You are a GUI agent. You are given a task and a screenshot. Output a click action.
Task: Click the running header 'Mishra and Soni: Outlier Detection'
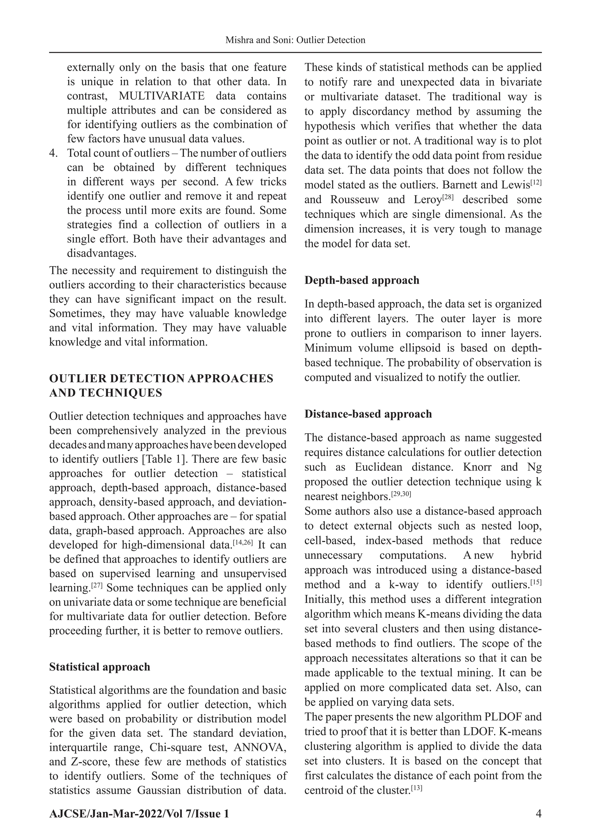click(295, 40)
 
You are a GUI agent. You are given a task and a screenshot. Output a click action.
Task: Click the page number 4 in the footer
click(538, 813)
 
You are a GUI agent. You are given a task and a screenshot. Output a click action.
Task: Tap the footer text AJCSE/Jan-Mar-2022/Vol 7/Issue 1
click(139, 813)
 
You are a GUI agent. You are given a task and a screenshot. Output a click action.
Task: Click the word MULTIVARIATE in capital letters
click(162, 96)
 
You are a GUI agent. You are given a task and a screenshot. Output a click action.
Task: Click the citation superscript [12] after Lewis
click(536, 182)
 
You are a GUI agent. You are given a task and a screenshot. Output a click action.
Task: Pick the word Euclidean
click(379, 467)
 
